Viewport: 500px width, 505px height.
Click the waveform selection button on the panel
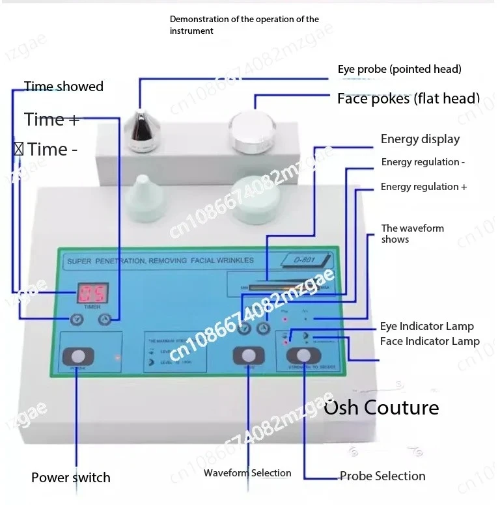[x=249, y=355]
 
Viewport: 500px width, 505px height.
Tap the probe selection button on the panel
[x=303, y=355]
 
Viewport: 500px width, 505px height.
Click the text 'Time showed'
[x=64, y=87]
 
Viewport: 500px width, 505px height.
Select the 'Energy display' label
[x=420, y=139]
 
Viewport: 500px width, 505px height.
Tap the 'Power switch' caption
[x=71, y=477]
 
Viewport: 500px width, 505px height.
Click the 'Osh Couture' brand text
[x=382, y=408]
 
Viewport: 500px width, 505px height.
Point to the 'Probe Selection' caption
[x=383, y=476]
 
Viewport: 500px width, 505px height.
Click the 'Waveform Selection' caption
[x=247, y=473]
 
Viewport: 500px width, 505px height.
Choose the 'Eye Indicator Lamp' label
[x=427, y=326]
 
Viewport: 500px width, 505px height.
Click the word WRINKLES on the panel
[x=231, y=260]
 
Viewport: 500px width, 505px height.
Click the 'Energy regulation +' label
[x=424, y=187]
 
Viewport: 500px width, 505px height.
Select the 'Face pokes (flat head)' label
[x=408, y=99]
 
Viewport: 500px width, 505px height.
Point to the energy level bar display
[x=273, y=286]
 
